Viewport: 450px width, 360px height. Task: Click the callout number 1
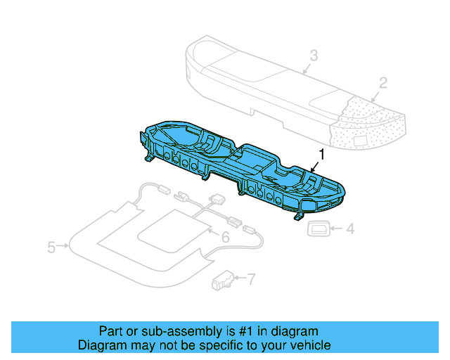tap(322, 153)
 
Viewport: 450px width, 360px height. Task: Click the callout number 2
tap(383, 83)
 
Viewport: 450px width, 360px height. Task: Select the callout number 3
tap(314, 55)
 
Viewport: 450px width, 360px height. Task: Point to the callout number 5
tap(51, 247)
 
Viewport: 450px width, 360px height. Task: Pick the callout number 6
tap(225, 238)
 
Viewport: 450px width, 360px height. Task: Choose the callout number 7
tap(251, 279)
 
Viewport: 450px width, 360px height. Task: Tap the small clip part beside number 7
tap(223, 281)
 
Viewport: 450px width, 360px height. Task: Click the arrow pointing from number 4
tap(336, 228)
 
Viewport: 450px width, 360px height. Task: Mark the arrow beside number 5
tap(63, 247)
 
